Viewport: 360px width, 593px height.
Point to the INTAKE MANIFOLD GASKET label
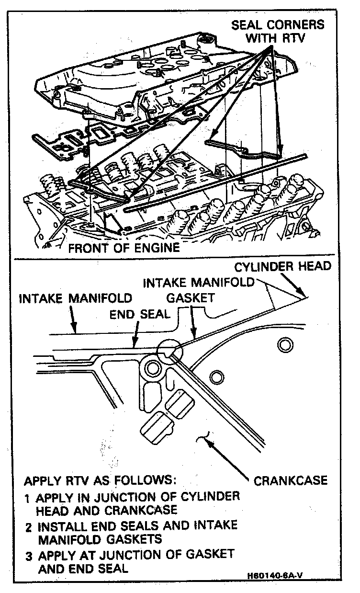199,290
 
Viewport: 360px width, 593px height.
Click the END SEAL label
139,314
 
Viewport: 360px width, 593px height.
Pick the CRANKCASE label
290,480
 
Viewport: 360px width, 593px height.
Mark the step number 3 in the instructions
28,557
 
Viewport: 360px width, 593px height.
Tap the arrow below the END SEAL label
135,335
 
